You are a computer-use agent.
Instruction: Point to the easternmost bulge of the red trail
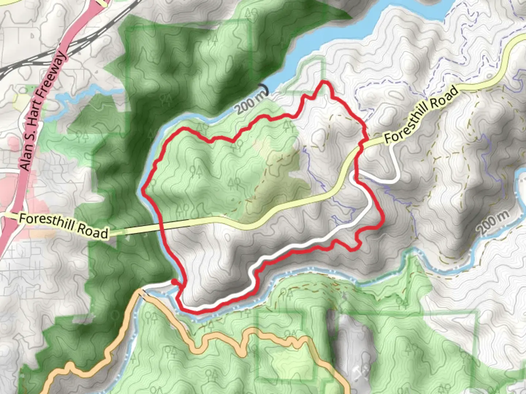382,219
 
